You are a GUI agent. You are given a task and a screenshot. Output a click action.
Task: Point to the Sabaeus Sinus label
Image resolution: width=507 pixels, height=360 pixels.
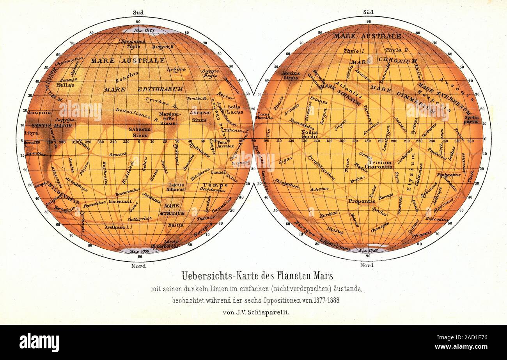(140, 132)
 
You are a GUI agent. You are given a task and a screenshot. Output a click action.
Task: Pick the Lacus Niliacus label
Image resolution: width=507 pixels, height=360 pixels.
(176, 187)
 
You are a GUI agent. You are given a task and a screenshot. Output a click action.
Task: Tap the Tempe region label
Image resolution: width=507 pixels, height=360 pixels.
(210, 185)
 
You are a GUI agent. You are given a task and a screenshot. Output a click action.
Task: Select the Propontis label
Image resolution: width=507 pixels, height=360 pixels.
(362, 201)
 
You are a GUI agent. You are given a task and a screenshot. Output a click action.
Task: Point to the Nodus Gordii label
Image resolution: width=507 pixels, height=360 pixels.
(309, 134)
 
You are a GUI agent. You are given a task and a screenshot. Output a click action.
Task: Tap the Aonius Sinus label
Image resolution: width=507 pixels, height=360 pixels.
(291, 75)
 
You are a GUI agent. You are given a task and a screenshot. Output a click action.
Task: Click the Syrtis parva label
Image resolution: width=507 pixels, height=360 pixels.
(471, 119)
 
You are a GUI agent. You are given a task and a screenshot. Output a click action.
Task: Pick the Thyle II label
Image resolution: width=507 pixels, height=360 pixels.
(396, 50)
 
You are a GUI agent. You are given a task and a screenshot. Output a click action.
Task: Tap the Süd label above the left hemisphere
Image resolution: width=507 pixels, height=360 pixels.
(138, 12)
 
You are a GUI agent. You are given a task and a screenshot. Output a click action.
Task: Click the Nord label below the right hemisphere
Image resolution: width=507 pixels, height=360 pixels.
(367, 265)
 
